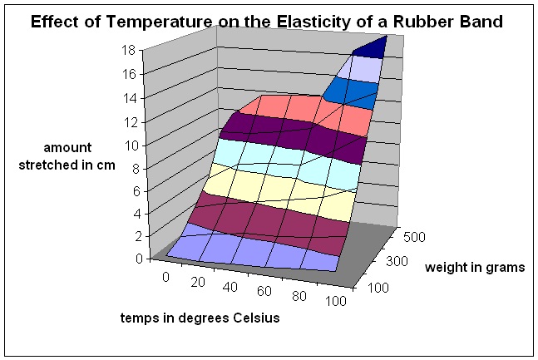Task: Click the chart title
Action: click(268, 22)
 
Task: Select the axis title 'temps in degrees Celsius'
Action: click(194, 318)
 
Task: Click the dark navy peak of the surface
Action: click(368, 47)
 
